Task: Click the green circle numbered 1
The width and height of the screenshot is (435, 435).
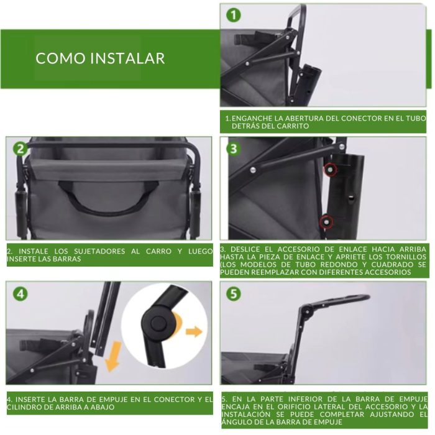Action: click(x=233, y=15)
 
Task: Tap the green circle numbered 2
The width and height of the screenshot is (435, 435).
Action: click(x=21, y=149)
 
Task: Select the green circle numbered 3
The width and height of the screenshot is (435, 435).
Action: click(x=233, y=149)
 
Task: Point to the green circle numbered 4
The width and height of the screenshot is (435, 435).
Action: click(x=21, y=294)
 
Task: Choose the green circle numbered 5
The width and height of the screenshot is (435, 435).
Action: click(x=233, y=294)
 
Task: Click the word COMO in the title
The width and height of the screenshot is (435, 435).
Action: click(x=60, y=58)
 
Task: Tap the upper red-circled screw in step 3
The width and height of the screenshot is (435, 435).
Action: click(x=330, y=170)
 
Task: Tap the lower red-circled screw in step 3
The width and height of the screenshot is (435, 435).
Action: click(x=326, y=221)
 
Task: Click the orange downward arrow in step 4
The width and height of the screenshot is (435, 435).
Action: click(x=114, y=357)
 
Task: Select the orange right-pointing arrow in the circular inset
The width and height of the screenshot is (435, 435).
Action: click(x=194, y=331)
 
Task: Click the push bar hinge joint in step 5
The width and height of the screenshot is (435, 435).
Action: click(x=307, y=311)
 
